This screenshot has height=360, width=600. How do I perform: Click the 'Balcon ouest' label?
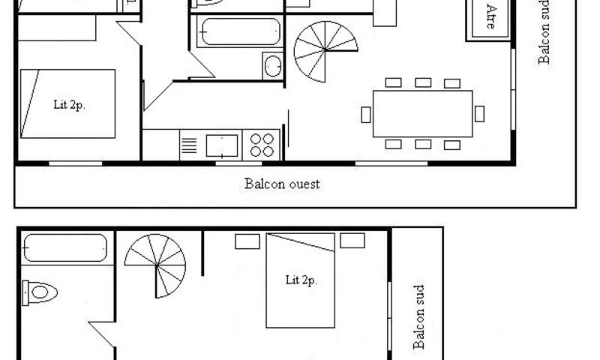pyautogui.click(x=282, y=184)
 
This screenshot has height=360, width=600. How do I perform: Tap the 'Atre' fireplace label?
pyautogui.click(x=490, y=16)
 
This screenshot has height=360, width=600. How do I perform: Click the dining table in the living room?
pyautogui.click(x=422, y=113)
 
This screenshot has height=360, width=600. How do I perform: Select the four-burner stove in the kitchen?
pyautogui.click(x=262, y=145)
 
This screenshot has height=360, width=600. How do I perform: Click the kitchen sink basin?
pyautogui.click(x=222, y=145)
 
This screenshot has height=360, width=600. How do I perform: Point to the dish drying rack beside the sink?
pyautogui.click(x=189, y=145)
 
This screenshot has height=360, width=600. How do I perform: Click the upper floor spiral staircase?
pyautogui.click(x=325, y=51)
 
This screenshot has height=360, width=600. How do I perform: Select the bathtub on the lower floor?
pyautogui.click(x=65, y=248)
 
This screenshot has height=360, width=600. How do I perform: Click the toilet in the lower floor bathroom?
pyautogui.click(x=40, y=292)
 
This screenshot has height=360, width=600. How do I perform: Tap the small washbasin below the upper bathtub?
pyautogui.click(x=273, y=66)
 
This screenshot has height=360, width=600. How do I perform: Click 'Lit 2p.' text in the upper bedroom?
pyautogui.click(x=69, y=105)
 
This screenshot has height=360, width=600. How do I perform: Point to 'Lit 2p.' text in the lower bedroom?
pyautogui.click(x=301, y=280)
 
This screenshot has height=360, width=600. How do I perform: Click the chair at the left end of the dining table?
pyautogui.click(x=366, y=115)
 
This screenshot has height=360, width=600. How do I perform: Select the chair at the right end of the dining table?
pyautogui.click(x=479, y=113)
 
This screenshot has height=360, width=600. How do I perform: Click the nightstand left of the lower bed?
pyautogui.click(x=247, y=241)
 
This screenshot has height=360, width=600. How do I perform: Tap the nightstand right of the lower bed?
pyautogui.click(x=352, y=241)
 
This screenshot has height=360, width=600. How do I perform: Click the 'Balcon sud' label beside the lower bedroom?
pyautogui.click(x=419, y=317)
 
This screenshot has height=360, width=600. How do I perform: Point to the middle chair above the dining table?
pyautogui.click(x=423, y=82)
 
